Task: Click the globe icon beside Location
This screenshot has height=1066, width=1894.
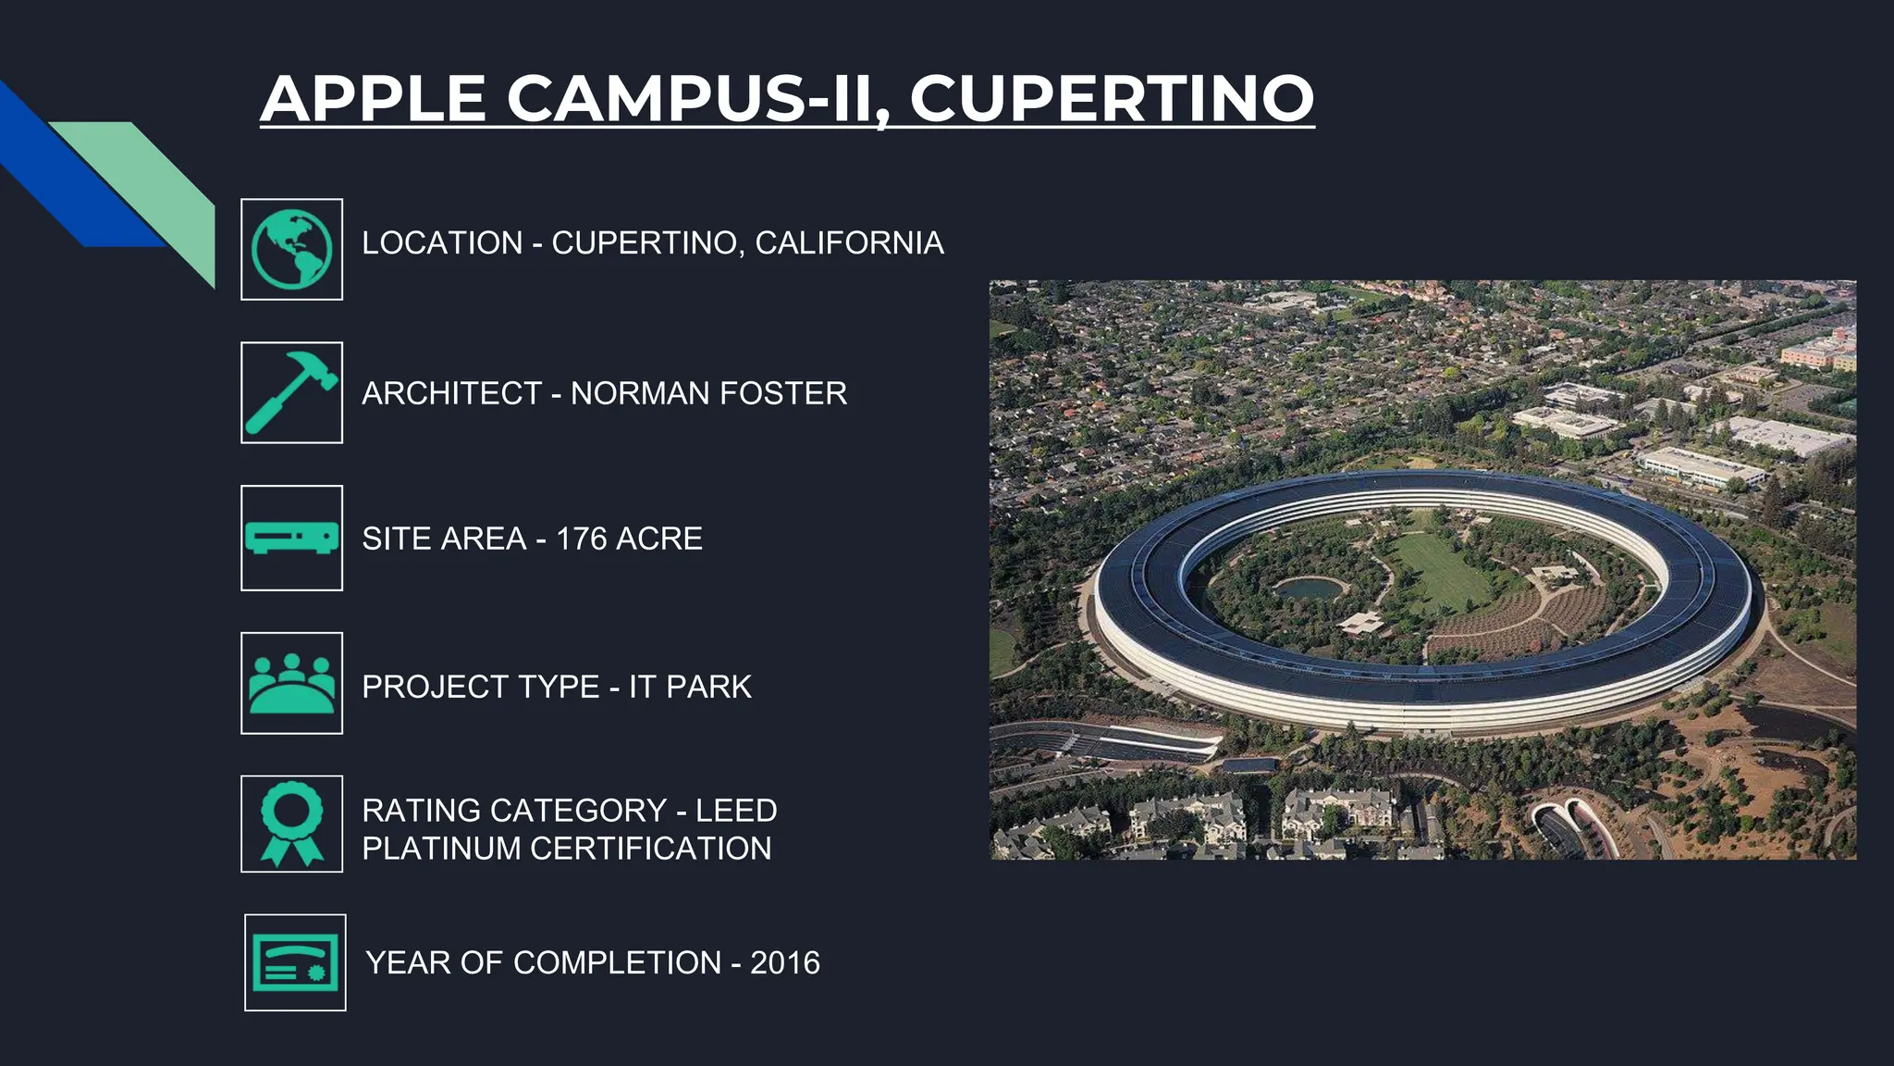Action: [291, 249]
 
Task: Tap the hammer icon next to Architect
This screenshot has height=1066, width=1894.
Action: [291, 392]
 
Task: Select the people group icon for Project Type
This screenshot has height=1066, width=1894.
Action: [291, 683]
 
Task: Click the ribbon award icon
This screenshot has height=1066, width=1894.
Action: [291, 824]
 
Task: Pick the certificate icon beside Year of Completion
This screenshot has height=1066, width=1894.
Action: [295, 962]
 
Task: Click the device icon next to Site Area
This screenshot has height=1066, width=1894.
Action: [291, 538]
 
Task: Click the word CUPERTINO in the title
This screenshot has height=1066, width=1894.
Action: [1112, 99]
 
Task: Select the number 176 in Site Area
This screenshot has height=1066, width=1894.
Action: [581, 539]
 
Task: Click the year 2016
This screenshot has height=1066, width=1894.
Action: [785, 963]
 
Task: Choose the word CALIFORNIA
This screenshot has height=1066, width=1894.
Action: [849, 243]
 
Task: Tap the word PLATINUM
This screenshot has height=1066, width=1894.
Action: [441, 849]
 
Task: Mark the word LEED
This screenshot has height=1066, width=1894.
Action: [736, 811]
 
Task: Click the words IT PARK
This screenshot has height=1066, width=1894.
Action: [690, 687]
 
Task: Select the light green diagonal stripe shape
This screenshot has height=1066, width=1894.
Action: [157, 185]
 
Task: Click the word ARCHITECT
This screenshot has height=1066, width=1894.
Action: [451, 393]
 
